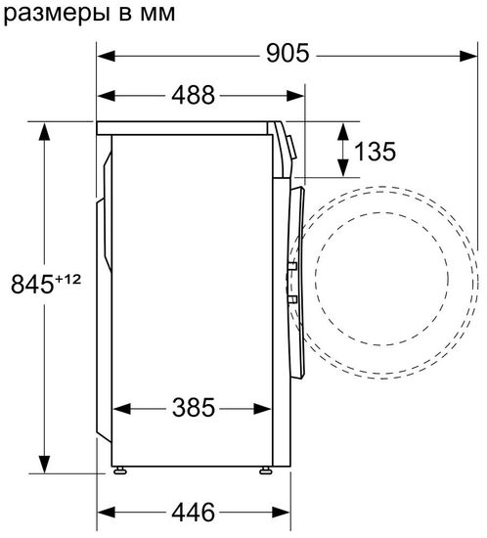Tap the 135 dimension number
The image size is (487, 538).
coord(376,151)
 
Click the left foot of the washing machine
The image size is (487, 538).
coord(120,470)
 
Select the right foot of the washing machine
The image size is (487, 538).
coord(266,470)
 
